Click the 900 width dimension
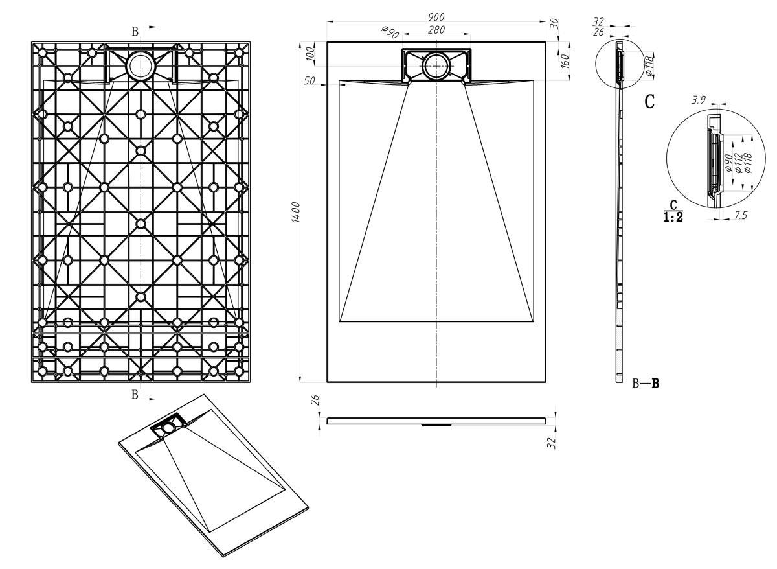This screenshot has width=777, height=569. [436, 16]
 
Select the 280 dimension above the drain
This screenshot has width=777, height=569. [436, 29]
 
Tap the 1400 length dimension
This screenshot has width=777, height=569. [295, 213]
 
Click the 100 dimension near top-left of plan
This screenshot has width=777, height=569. [310, 52]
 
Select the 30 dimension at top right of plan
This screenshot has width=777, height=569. [553, 23]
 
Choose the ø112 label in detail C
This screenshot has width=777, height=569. [738, 163]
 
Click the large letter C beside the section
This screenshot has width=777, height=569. [649, 102]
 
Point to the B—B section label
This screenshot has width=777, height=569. [646, 384]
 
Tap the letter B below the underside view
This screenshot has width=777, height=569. [135, 394]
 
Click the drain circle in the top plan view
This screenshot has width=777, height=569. [436, 65]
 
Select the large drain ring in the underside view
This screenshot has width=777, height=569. [139, 65]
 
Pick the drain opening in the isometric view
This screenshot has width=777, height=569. [168, 427]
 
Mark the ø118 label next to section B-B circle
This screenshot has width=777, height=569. [649, 66]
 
